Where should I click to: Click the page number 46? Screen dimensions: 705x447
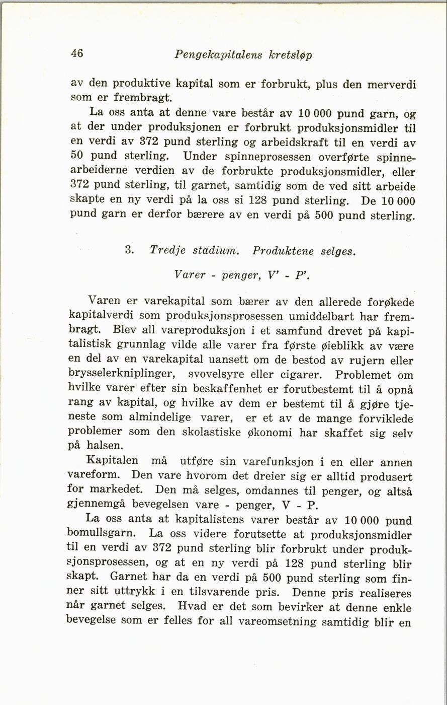point(77,53)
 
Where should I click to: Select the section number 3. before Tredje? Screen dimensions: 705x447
point(128,250)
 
